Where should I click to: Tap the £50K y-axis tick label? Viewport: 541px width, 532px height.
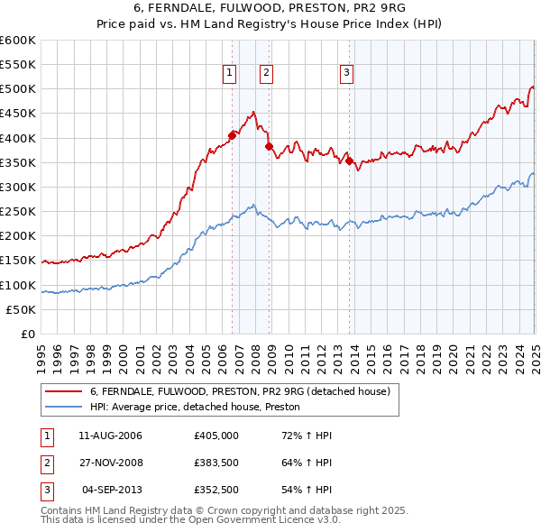21,309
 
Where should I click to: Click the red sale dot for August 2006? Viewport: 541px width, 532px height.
232,135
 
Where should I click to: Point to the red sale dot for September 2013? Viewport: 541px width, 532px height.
349,161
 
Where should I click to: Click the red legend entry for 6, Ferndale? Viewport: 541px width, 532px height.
239,391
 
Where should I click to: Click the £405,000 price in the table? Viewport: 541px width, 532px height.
215,436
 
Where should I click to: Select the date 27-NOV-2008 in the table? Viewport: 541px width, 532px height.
110,463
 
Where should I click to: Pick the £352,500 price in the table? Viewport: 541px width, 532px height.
215,491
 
